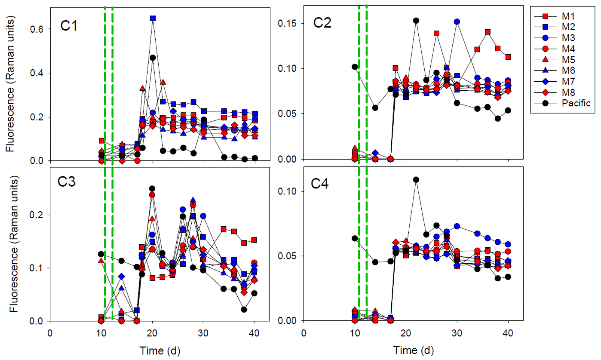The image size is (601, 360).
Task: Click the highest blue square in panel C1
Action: (x=153, y=18)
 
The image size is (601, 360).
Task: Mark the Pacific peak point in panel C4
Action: (x=416, y=179)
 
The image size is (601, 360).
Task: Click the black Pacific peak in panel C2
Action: (x=416, y=20)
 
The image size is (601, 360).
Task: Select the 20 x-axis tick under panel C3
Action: (x=152, y=333)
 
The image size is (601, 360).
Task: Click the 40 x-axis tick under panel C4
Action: (x=508, y=333)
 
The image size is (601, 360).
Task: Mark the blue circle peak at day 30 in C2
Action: (x=457, y=22)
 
